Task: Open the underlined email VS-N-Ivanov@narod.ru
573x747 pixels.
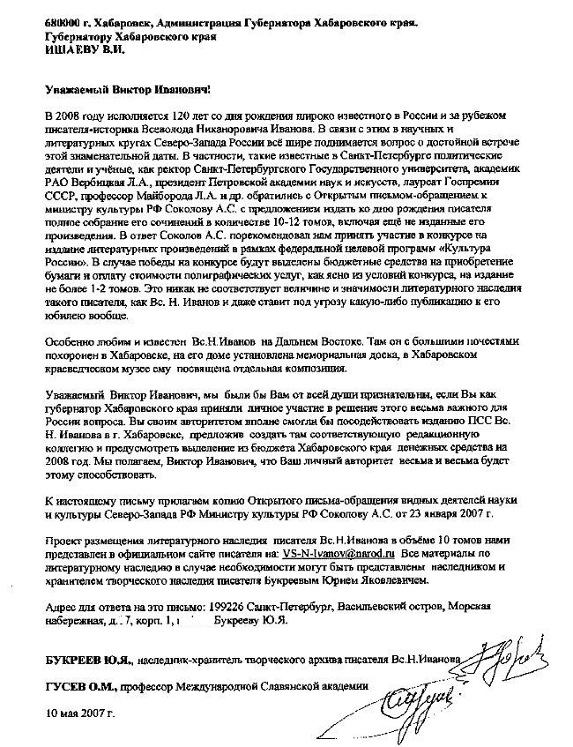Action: tap(339, 553)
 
